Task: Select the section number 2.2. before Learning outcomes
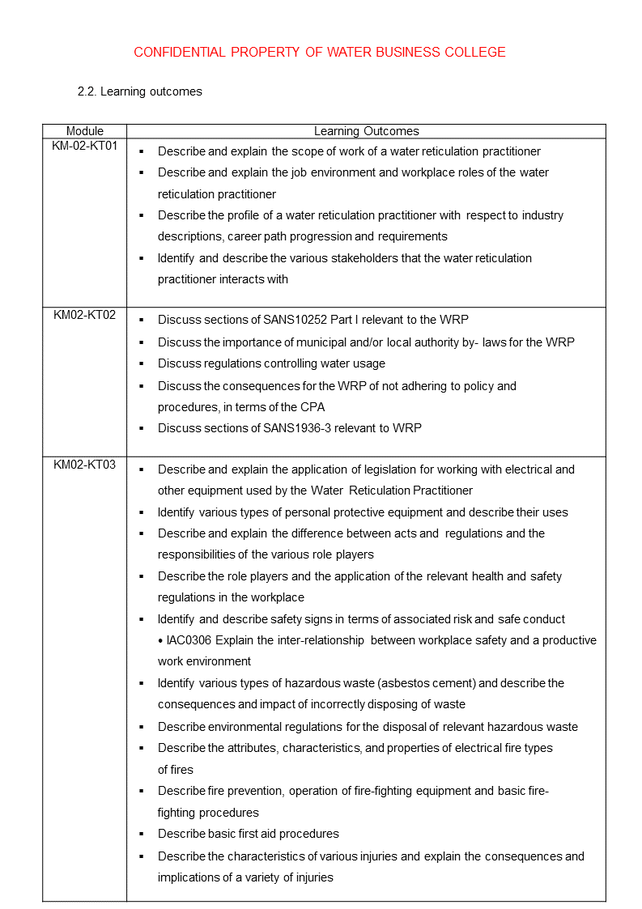click(x=87, y=91)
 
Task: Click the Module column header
click(x=85, y=131)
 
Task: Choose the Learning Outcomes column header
click(x=366, y=131)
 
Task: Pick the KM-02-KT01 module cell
click(x=85, y=147)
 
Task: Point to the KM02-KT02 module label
click(x=85, y=315)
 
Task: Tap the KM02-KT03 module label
click(x=85, y=465)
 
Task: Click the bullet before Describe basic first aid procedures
click(x=141, y=834)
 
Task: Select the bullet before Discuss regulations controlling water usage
click(x=141, y=364)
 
